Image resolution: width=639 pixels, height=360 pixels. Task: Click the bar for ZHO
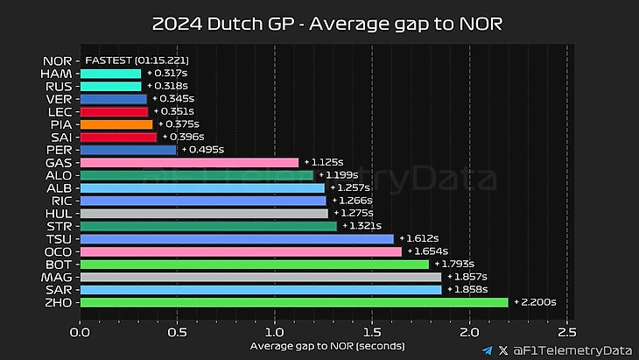[x=294, y=302]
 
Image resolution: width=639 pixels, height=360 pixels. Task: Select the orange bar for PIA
[x=116, y=124]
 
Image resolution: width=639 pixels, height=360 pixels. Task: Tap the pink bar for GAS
[x=189, y=162]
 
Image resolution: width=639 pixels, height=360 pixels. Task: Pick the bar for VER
[x=114, y=99]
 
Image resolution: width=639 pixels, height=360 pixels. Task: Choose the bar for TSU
[x=237, y=238]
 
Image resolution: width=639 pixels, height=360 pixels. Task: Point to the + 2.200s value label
[x=535, y=302]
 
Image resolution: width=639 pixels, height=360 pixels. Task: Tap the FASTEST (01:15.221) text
[x=137, y=61]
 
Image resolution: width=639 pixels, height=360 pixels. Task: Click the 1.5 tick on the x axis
[x=372, y=332]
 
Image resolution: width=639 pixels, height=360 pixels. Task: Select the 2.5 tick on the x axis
[x=566, y=332]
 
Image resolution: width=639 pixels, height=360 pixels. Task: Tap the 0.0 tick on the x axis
[x=81, y=332]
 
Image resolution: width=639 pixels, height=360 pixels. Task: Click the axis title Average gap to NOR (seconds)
[x=322, y=346]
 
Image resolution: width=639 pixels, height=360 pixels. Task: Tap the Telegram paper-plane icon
[x=487, y=349]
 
